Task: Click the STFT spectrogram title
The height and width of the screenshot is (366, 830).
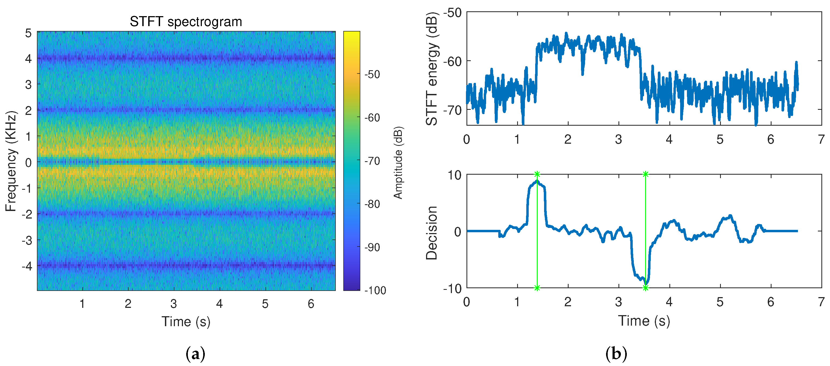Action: pyautogui.click(x=186, y=22)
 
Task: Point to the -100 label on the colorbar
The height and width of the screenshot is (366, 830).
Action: pyautogui.click(x=375, y=290)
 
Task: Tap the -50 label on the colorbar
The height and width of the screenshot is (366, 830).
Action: pyautogui.click(x=372, y=74)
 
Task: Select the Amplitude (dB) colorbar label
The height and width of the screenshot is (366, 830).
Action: pyautogui.click(x=398, y=163)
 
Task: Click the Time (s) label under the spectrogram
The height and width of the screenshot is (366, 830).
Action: pyautogui.click(x=186, y=321)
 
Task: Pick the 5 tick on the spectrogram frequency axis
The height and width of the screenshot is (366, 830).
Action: pyautogui.click(x=28, y=33)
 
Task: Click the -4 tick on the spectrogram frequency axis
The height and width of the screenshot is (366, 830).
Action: pyautogui.click(x=27, y=266)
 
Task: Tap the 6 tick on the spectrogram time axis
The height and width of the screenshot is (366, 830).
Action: pyautogui.click(x=311, y=304)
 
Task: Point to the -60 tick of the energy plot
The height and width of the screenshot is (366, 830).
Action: pyautogui.click(x=452, y=61)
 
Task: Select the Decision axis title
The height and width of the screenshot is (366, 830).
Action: pyautogui.click(x=431, y=233)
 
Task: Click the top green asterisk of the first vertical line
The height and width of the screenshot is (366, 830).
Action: pyautogui.click(x=537, y=174)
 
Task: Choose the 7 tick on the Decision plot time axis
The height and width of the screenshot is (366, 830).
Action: pyautogui.click(x=821, y=302)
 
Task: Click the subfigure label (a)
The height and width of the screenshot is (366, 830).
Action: pyautogui.click(x=195, y=354)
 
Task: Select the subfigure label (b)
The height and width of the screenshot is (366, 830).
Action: pyautogui.click(x=616, y=354)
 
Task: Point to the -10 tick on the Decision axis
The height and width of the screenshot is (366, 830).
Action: pyautogui.click(x=452, y=289)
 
